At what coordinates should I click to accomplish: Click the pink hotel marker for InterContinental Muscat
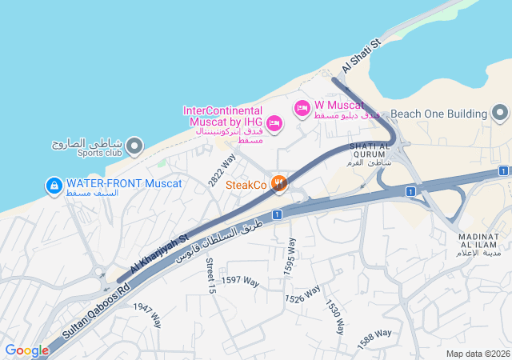pos(274,122)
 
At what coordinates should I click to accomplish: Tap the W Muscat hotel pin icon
pos(302,108)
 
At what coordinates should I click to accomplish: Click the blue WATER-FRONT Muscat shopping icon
pos(54,186)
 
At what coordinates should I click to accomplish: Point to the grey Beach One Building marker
pos(500,114)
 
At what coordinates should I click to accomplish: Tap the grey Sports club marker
pos(134,146)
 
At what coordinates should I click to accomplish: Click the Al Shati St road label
pos(362,54)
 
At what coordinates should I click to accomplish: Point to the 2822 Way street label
pos(222,171)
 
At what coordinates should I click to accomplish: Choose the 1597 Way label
pos(241,280)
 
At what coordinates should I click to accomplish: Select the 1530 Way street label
pos(335,317)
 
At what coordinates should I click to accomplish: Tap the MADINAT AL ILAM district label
pos(480,244)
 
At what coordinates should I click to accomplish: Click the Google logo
pos(26,350)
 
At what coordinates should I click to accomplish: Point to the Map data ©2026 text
pos(477,354)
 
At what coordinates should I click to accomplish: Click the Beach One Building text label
pos(438,114)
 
